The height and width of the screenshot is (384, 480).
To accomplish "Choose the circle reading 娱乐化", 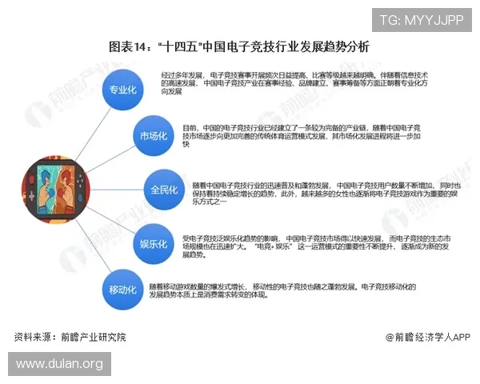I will pyautogui.click(x=152, y=243).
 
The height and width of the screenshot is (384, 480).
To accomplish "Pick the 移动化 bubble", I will pyautogui.click(x=122, y=289).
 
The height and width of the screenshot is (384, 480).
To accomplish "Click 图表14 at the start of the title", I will pyautogui.click(x=126, y=47).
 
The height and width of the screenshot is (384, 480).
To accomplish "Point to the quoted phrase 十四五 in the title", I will pyautogui.click(x=178, y=47).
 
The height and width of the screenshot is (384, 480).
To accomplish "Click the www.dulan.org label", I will pyautogui.click(x=60, y=365).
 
